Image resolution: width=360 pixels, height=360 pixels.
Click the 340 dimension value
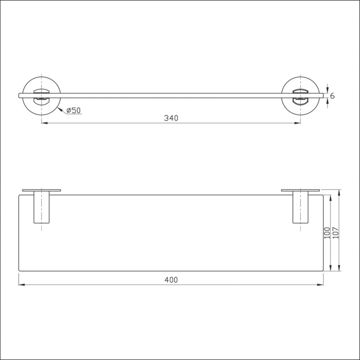[x=171, y=118]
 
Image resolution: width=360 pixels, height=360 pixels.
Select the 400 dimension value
[x=171, y=280]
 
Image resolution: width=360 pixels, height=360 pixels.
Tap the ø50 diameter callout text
[x=73, y=111]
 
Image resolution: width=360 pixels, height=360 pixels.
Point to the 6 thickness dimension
[x=332, y=96]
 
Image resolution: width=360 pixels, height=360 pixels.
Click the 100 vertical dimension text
[x=327, y=233]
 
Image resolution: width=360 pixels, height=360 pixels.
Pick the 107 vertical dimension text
[x=336, y=233]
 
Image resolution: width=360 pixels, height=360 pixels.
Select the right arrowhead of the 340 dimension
[x=298, y=123]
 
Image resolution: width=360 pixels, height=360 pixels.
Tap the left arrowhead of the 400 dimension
[x=22, y=285]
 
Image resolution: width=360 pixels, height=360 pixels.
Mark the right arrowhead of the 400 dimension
[x=320, y=285]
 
